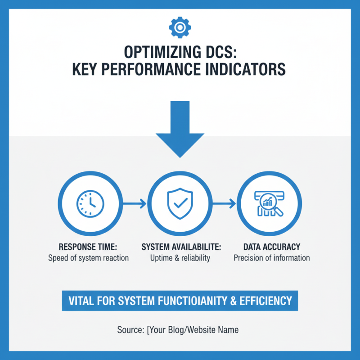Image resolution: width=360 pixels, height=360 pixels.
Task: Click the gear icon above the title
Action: (180, 27)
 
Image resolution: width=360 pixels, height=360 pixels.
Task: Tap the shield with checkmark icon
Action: (180, 204)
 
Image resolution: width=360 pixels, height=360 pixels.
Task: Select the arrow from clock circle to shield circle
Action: (134, 204)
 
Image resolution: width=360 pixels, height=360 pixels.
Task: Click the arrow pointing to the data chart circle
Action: (223, 204)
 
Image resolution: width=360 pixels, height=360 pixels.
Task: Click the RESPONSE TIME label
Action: (88, 247)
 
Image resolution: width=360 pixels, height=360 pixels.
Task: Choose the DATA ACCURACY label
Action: (271, 247)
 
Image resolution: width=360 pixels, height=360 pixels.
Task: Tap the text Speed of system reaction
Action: (88, 258)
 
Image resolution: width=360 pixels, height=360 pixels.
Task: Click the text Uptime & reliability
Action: (180, 258)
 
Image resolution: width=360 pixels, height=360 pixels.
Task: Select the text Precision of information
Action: (271, 258)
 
